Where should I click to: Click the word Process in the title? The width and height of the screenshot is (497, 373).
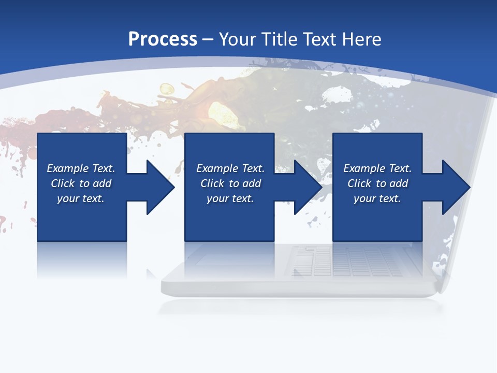coord(163,39)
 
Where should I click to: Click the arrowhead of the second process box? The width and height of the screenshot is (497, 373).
coord(308,187)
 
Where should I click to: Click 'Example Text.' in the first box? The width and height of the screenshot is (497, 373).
coord(81,168)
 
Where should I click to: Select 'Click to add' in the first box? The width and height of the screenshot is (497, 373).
coord(81,183)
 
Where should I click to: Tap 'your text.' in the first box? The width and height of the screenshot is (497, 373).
coord(81,198)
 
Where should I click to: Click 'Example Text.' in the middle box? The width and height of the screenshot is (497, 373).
coord(230,168)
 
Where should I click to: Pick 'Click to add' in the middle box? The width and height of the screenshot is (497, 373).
coord(230,183)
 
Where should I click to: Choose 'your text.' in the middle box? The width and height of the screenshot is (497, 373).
coord(230,198)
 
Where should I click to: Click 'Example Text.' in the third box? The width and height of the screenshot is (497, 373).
coord(377,168)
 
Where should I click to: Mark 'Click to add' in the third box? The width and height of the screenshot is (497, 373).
coord(377,183)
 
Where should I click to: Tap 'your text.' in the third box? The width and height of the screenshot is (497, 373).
coord(377,198)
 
